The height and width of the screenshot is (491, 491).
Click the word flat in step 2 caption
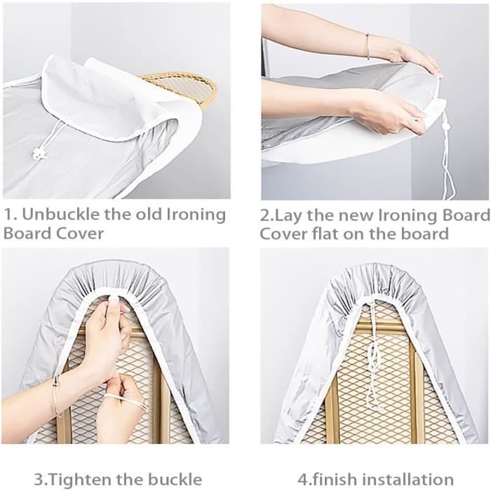click(325, 234)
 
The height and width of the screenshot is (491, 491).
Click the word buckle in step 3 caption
click(174, 479)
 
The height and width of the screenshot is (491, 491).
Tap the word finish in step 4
click(334, 479)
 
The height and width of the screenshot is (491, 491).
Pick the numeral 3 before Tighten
click(38, 479)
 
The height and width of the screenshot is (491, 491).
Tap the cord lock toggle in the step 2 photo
click(444, 127)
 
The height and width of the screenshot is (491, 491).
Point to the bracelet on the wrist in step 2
click(368, 46)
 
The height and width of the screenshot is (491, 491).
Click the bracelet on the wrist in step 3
click(57, 396)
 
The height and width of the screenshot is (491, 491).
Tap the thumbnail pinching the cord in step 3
click(114, 302)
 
